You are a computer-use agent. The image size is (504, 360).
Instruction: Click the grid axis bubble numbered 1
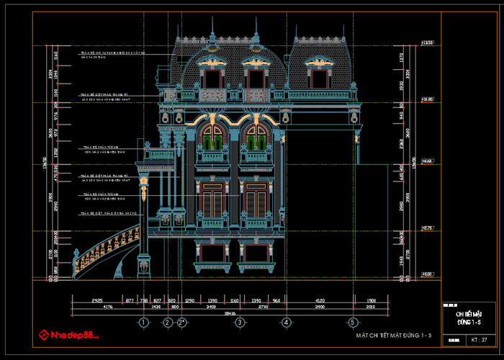pos(144,322)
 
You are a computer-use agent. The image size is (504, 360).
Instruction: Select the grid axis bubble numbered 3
pos(240,322)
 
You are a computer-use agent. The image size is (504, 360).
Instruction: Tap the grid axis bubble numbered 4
pos(287,322)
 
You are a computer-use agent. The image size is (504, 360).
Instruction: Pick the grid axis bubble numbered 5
pos(353,322)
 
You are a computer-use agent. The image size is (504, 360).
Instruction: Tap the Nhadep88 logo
pos(73,335)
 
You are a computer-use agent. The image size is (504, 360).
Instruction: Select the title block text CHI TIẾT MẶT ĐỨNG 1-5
pos(469,318)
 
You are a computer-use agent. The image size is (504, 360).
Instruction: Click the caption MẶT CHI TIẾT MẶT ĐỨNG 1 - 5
pos(394,336)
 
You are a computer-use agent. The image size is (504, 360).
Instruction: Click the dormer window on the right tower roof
pos(317,73)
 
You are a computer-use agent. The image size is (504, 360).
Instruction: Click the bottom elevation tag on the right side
pos(427,274)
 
